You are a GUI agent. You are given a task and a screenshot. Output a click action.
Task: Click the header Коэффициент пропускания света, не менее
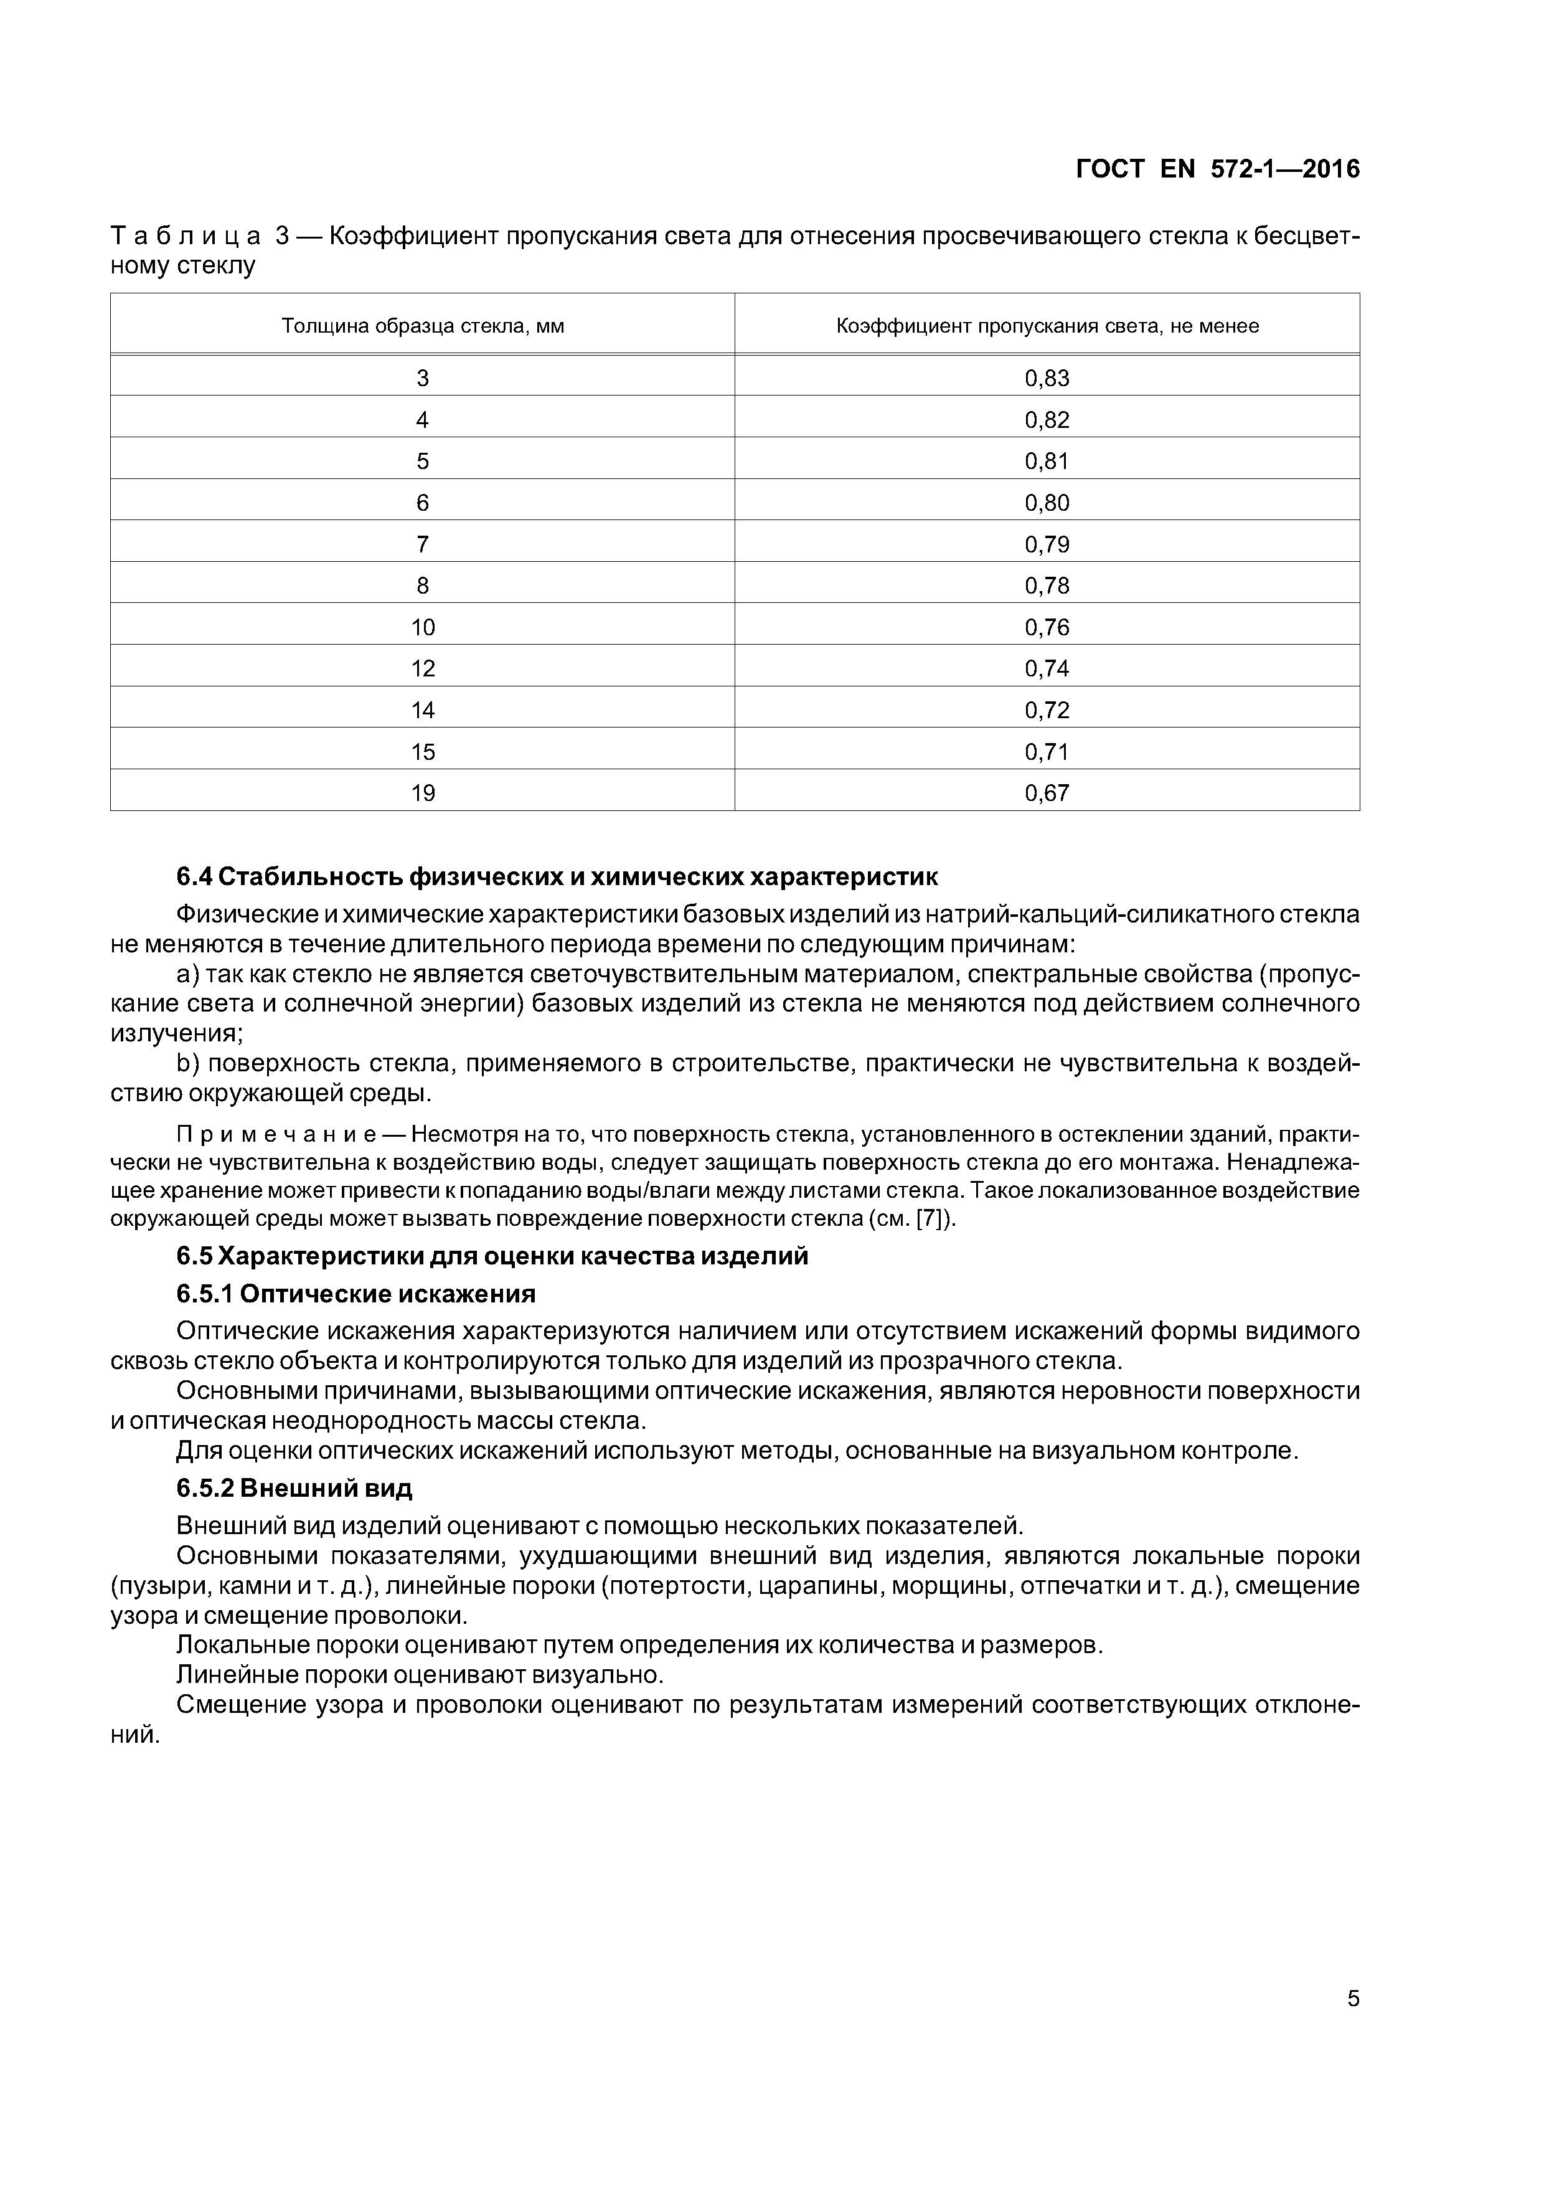pos(1047,326)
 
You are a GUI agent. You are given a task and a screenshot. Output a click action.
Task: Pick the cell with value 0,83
pos(1047,379)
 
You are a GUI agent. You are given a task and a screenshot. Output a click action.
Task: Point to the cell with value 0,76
pos(1047,627)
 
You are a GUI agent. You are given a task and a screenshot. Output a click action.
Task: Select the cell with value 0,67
pos(1047,793)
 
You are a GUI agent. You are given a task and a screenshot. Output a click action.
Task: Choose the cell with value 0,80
pos(1047,503)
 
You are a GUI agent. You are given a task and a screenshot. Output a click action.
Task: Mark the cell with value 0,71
pos(1047,752)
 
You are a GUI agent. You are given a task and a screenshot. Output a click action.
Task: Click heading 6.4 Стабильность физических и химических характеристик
pos(557,876)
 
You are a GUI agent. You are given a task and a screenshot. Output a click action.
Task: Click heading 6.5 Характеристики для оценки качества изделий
pos(492,1256)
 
